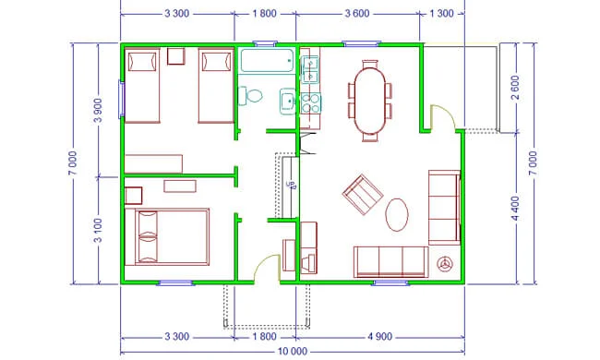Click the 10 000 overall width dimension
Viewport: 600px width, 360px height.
pos(292,351)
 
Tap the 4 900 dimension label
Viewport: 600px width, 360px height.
pos(380,337)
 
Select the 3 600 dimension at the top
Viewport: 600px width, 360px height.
pos(357,14)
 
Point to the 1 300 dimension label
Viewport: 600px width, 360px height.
pos(441,14)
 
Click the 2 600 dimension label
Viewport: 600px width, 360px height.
pos(515,87)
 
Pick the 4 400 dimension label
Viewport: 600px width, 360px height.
pos(515,209)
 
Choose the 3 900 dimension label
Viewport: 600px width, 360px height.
pos(99,110)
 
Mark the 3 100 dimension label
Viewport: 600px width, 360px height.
pos(99,231)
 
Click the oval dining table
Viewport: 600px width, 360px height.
pos(370,101)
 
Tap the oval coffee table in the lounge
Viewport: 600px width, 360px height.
pos(396,215)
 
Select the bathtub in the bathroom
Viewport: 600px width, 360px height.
pos(267,60)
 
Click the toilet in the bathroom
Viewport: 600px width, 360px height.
pos(250,96)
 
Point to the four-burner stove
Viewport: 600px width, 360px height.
pos(310,103)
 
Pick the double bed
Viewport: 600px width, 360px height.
pos(167,237)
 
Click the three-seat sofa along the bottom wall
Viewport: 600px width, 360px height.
pos(390,261)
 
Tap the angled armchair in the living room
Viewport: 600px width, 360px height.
pos(363,195)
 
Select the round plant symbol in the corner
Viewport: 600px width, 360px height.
pos(445,264)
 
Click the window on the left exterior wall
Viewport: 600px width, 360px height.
pos(121,99)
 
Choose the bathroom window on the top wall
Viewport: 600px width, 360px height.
pos(265,43)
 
